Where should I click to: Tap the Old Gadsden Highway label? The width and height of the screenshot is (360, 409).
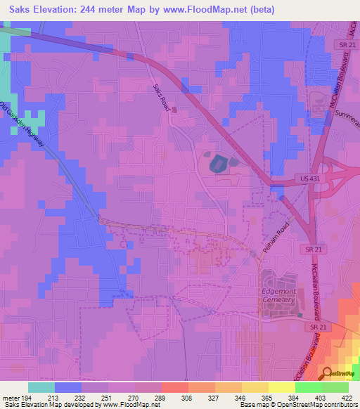click(28, 126)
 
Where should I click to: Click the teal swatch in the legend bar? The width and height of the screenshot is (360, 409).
click(41, 387)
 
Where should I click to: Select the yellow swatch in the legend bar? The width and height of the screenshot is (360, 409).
click(282, 387)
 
